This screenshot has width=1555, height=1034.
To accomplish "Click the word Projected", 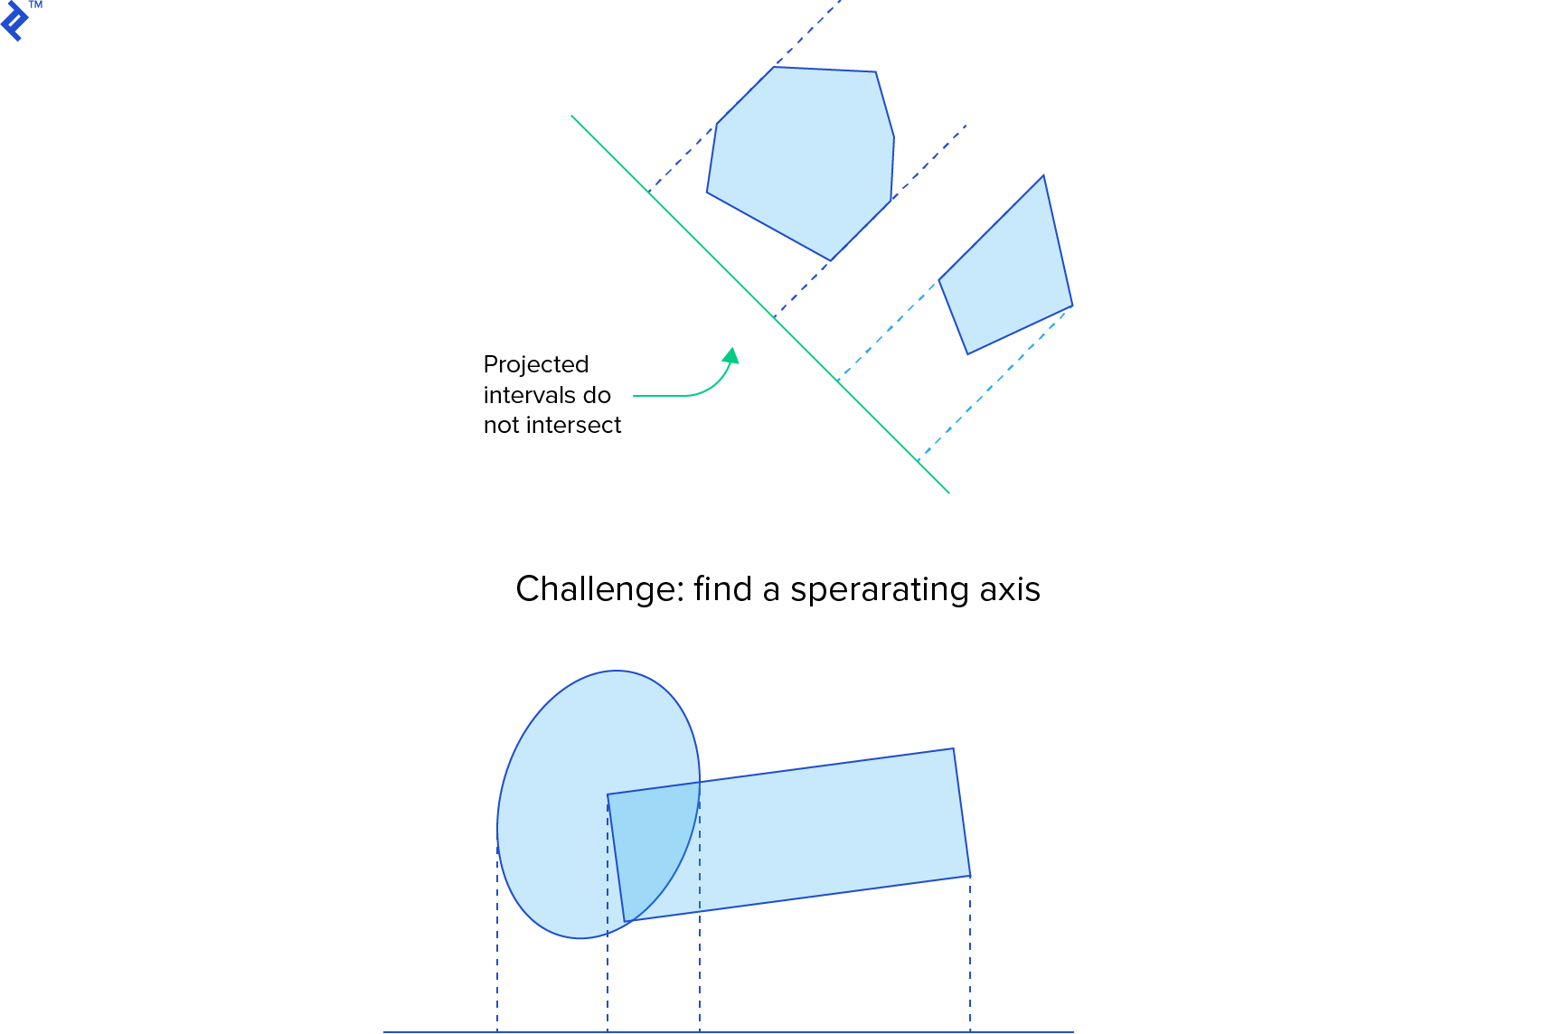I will [x=535, y=364].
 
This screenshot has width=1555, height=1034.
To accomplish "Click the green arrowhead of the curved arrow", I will [x=732, y=355].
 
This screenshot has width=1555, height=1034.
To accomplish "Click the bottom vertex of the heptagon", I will [x=830, y=260].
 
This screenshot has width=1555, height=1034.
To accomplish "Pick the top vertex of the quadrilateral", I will [x=1043, y=175].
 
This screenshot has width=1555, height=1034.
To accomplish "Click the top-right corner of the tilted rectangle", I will [x=954, y=748].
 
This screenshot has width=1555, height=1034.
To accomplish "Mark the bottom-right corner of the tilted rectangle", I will [x=970, y=876].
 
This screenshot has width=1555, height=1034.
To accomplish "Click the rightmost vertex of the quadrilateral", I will [x=1072, y=306].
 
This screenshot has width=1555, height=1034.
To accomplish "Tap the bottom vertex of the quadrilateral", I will [x=967, y=354].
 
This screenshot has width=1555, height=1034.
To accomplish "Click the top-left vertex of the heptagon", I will [x=774, y=67].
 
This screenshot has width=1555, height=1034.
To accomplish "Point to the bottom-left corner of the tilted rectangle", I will [x=625, y=922].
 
